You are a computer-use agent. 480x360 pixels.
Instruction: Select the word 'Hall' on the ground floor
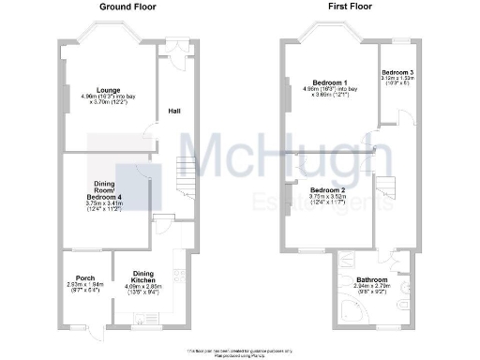174,112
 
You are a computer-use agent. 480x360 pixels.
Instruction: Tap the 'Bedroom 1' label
331,83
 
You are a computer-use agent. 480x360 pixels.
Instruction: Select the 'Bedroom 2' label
327,190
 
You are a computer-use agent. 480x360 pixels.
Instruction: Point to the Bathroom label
373,279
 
